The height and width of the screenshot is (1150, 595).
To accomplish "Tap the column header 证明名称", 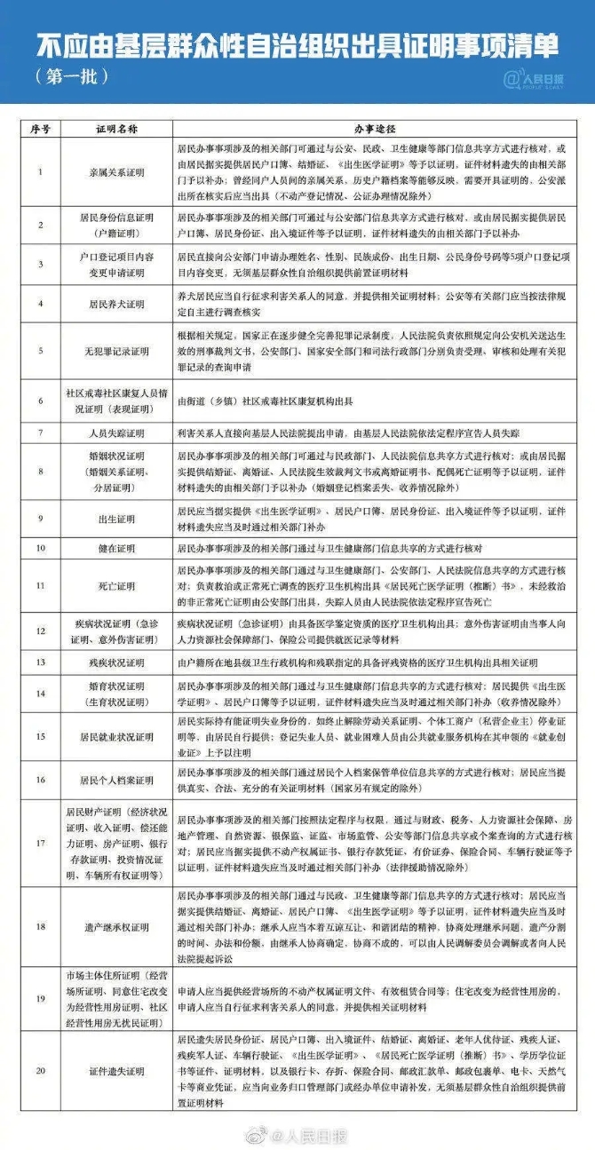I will pyautogui.click(x=116, y=129).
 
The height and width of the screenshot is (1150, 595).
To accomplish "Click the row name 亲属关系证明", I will pyautogui.click(x=116, y=172).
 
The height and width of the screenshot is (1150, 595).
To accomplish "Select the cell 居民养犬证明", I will pyautogui.click(x=116, y=304).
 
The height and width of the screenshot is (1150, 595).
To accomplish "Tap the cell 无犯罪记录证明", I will pyautogui.click(x=116, y=351).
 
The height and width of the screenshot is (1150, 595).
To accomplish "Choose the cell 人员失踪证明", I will pyautogui.click(x=116, y=432).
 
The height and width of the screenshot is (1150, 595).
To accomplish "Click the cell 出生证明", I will pyautogui.click(x=116, y=517).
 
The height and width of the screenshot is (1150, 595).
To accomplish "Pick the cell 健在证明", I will pyautogui.click(x=116, y=549).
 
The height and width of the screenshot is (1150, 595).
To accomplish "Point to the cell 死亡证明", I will pyautogui.click(x=116, y=586).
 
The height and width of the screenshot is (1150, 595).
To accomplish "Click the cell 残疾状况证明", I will pyautogui.click(x=116, y=662).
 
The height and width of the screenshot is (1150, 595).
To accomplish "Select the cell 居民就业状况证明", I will pyautogui.click(x=116, y=737).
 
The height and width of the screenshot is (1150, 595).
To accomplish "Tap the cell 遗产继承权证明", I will pyautogui.click(x=116, y=926).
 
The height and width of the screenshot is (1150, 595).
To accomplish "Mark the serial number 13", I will pyautogui.click(x=40, y=662).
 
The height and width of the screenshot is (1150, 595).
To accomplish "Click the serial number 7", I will pyautogui.click(x=40, y=432).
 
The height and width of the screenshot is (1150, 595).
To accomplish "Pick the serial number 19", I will pyautogui.click(x=40, y=998).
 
